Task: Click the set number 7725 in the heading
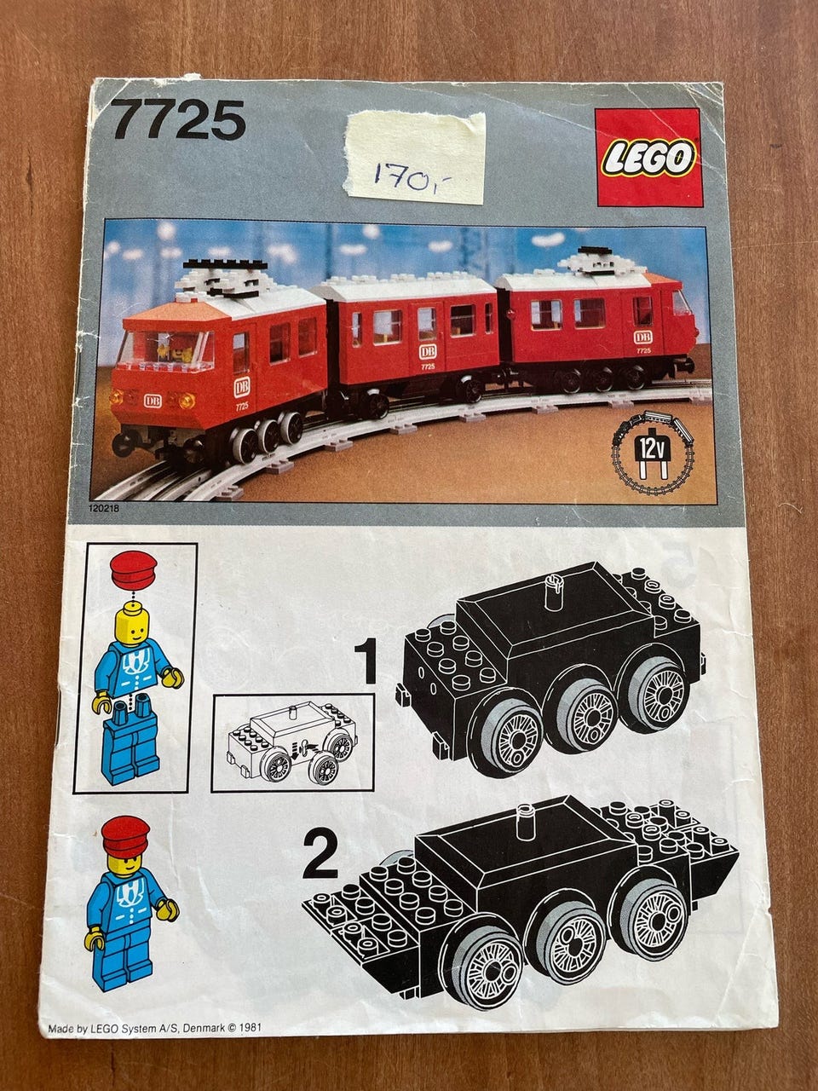click(178, 120)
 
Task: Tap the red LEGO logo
click(649, 157)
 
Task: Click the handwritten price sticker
click(416, 158)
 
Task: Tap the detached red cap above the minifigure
click(134, 570)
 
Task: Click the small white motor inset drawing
click(292, 742)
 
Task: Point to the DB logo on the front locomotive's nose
click(153, 401)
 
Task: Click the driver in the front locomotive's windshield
click(176, 346)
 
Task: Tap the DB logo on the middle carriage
click(427, 352)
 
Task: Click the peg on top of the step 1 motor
click(554, 591)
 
